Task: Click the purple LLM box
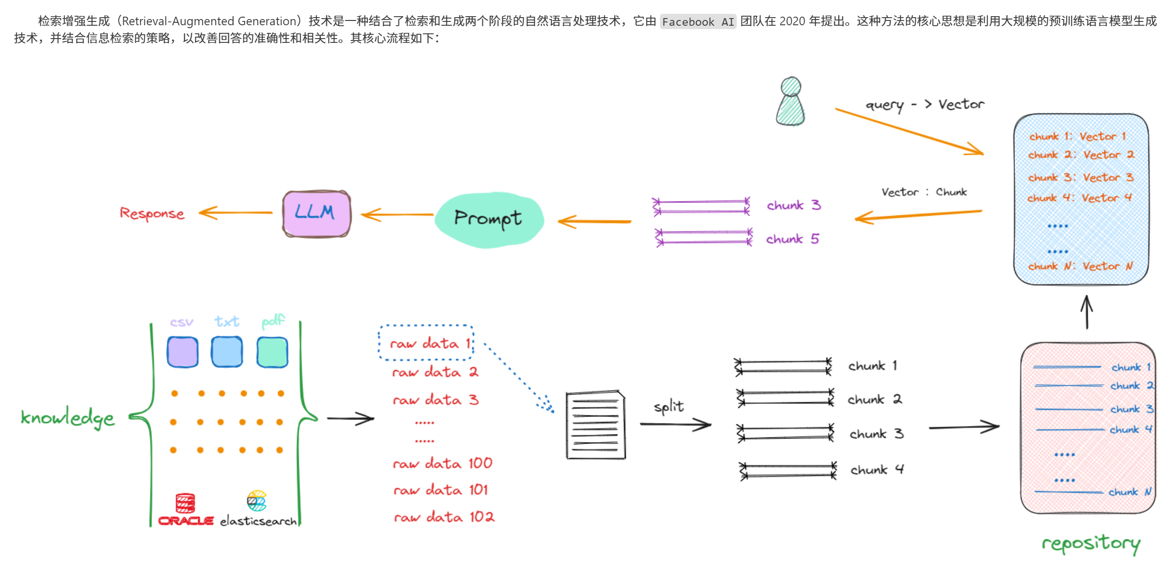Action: tap(316, 213)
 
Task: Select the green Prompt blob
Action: tap(489, 219)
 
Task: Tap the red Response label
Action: tap(152, 213)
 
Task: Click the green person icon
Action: tap(791, 102)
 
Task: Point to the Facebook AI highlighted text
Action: tap(698, 22)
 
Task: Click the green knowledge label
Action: tap(68, 418)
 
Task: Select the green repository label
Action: tap(1091, 543)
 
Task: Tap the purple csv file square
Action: tap(183, 352)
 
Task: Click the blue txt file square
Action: tap(227, 352)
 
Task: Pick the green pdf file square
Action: tap(272, 352)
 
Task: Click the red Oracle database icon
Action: tap(185, 503)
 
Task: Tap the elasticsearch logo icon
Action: tap(256, 501)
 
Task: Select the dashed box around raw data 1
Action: tap(426, 342)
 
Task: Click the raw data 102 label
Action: tap(444, 517)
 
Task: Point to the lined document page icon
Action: tap(596, 425)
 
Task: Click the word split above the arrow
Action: tap(669, 407)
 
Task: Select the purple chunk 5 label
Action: tap(792, 239)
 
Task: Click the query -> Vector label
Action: tap(924, 105)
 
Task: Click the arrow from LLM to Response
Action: tap(235, 213)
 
